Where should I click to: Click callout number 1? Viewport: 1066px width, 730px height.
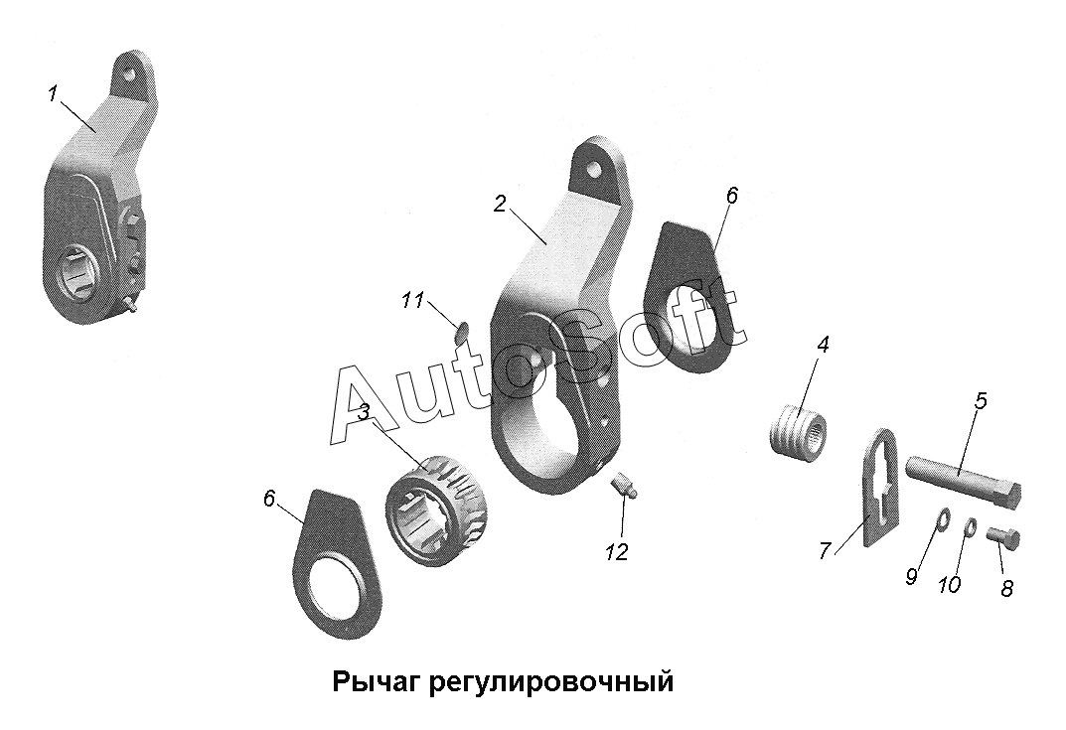click(x=53, y=95)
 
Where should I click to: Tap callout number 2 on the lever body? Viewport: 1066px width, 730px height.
click(x=500, y=204)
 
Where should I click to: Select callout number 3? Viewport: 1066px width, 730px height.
click(x=364, y=412)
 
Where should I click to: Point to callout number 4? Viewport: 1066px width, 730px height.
click(x=823, y=345)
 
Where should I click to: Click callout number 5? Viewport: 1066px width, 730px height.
click(x=981, y=401)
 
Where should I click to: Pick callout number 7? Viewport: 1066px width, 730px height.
click(x=825, y=551)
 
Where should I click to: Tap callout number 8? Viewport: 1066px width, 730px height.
click(x=1007, y=588)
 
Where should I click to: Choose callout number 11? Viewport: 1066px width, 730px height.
click(x=413, y=300)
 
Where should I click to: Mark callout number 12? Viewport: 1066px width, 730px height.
click(x=617, y=552)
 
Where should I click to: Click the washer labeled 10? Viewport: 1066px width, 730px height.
click(x=972, y=526)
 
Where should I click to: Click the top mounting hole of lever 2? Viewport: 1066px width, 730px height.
click(x=596, y=170)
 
